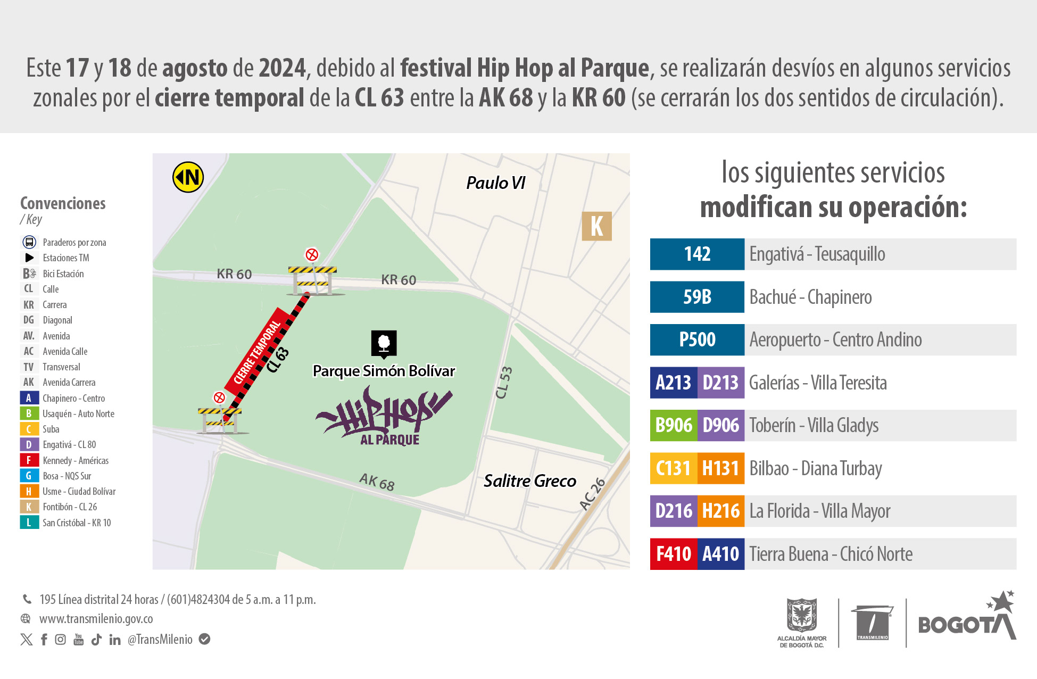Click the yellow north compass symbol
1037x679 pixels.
[x=188, y=177]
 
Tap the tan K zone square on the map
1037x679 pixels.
[x=596, y=226]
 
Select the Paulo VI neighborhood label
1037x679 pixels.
[x=495, y=183]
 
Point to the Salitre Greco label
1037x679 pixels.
[x=529, y=481]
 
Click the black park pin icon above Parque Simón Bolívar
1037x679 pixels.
[x=384, y=344]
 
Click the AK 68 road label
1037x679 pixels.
[x=377, y=482]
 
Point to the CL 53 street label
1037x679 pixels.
[x=503, y=383]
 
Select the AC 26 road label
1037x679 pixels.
[x=592, y=494]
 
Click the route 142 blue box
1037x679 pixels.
[x=697, y=254]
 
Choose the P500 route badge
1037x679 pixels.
[x=697, y=340]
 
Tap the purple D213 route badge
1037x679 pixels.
[x=720, y=383]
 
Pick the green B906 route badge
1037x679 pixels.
[x=674, y=426]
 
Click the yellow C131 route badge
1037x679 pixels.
[x=673, y=468]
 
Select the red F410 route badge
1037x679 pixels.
[x=673, y=554]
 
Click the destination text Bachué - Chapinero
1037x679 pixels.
[x=810, y=297]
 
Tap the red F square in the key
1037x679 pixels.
[x=29, y=460]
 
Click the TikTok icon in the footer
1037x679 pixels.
[x=96, y=640]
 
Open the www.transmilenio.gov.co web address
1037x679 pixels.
[x=96, y=619]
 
